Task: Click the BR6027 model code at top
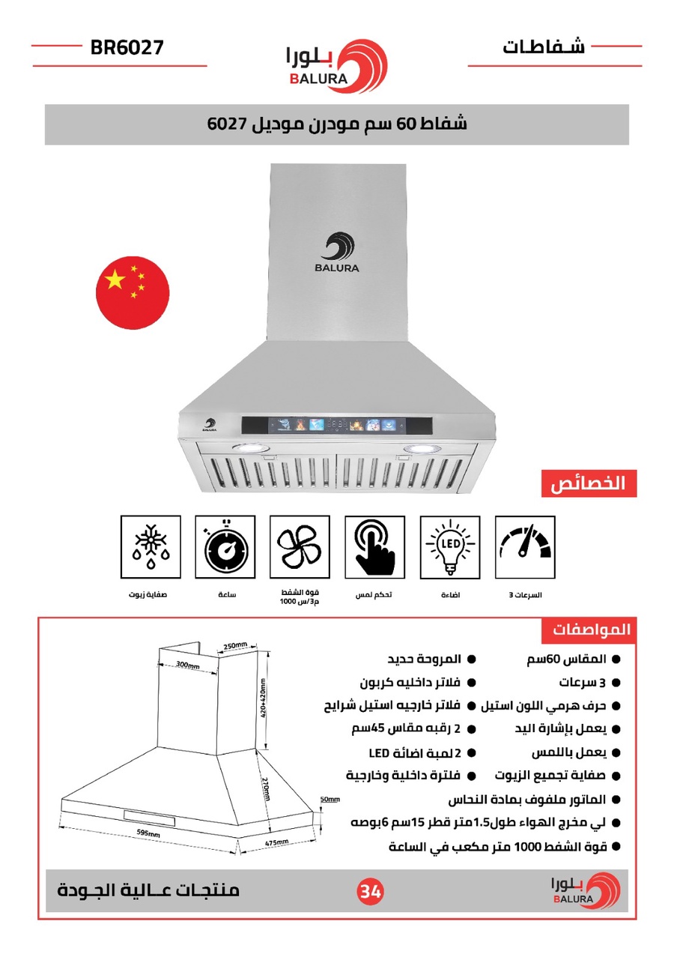click(127, 48)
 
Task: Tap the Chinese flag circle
click(133, 292)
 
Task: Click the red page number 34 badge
click(369, 891)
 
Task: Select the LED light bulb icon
click(450, 546)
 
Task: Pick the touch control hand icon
click(374, 546)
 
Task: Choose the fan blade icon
click(300, 546)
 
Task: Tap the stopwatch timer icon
click(225, 546)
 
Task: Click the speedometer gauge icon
click(525, 546)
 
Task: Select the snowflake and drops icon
click(150, 546)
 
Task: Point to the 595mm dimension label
click(148, 833)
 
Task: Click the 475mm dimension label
click(278, 843)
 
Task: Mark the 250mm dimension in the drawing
click(235, 645)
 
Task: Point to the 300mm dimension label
click(187, 665)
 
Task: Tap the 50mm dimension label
click(330, 799)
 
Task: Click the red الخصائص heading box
click(589, 483)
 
